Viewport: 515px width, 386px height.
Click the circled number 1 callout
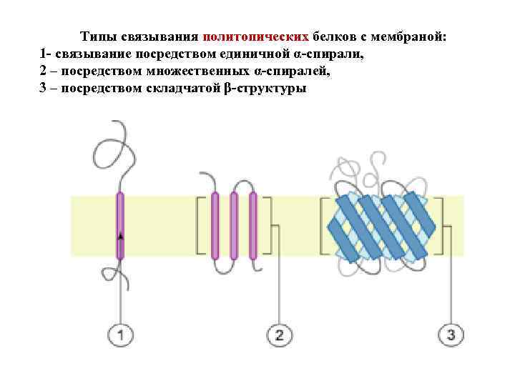pyautogui.click(x=121, y=334)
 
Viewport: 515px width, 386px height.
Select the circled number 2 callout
pyautogui.click(x=279, y=334)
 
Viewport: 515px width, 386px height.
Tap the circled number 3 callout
pyautogui.click(x=451, y=334)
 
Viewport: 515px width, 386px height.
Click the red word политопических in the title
pyautogui.click(x=257, y=36)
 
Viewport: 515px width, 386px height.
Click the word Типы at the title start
pyautogui.click(x=97, y=36)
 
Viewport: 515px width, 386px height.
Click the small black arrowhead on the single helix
pyautogui.click(x=121, y=235)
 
